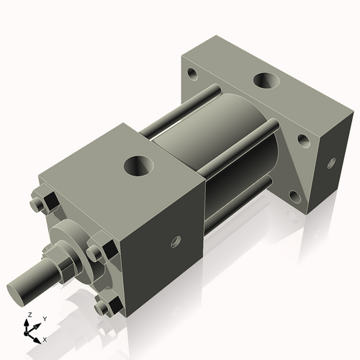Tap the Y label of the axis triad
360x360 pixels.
click(x=44, y=318)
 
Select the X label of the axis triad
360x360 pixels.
click(x=45, y=338)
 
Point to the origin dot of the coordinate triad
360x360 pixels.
click(x=31, y=332)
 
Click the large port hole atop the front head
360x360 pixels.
click(x=139, y=166)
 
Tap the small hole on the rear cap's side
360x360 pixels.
click(x=330, y=163)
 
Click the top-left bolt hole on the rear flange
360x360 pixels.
click(x=192, y=73)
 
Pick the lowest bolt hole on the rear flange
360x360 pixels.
click(x=294, y=194)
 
